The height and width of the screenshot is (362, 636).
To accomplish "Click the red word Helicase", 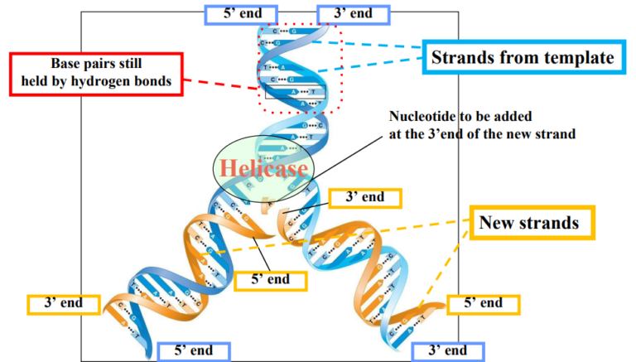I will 262,168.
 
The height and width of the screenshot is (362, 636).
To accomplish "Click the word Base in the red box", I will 67,64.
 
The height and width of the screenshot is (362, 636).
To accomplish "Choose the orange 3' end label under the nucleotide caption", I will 364,197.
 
